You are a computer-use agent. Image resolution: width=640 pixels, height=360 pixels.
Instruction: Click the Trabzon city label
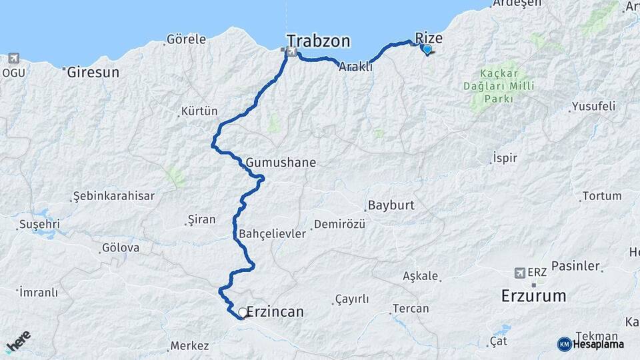[x=318, y=41]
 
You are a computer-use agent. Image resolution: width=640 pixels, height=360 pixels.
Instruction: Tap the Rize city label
[x=429, y=38]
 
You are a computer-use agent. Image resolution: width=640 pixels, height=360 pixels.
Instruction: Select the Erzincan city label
[x=275, y=311]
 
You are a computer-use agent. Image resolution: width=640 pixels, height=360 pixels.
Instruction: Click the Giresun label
[x=93, y=72]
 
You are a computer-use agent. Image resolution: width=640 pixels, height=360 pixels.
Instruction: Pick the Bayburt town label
[x=391, y=205]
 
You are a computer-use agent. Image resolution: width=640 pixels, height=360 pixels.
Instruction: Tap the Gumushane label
[x=281, y=162]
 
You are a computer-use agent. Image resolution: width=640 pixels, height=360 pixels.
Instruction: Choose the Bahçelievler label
[x=272, y=234]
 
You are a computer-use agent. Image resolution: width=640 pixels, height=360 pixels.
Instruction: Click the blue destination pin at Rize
[x=427, y=49]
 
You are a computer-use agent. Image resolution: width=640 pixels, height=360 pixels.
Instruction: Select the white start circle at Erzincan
[x=243, y=311]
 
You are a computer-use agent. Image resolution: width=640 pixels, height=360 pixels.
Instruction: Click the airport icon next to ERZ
[x=520, y=273]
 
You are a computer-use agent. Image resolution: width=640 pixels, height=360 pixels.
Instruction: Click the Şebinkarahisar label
[x=114, y=196]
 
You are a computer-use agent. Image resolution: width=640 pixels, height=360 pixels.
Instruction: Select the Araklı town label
[x=355, y=67]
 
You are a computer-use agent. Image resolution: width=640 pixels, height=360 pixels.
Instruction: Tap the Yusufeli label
[x=593, y=107]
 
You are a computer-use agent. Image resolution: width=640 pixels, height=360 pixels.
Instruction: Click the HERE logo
[x=18, y=342]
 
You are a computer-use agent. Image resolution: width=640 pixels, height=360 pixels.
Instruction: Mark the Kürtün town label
[x=199, y=111]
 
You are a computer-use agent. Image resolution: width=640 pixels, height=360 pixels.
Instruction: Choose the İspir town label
[x=504, y=158]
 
